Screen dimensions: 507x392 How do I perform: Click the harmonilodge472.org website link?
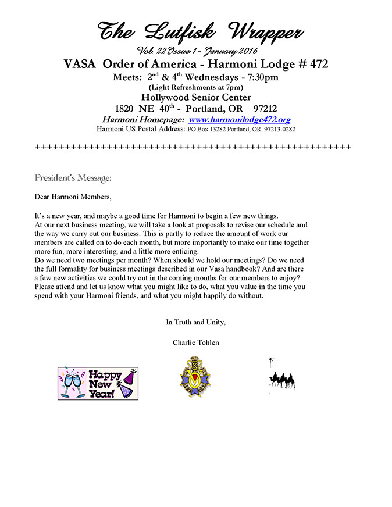pyautogui.click(x=240, y=119)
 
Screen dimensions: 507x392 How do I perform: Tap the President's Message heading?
pyautogui.click(x=73, y=177)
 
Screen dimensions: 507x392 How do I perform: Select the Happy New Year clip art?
pyautogui.click(x=98, y=383)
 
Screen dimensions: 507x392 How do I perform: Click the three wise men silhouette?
pyautogui.click(x=282, y=381)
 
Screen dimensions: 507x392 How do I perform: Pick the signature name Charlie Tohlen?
pyautogui.click(x=196, y=342)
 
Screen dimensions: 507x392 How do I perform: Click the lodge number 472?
pyautogui.click(x=316, y=64)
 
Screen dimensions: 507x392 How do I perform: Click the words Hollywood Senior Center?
pyautogui.click(x=195, y=97)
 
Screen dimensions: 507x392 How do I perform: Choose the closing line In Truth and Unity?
pyautogui.click(x=195, y=322)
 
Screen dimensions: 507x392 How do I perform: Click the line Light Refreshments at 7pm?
pyautogui.click(x=195, y=87)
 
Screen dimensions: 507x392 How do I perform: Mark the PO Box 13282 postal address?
pyautogui.click(x=241, y=129)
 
